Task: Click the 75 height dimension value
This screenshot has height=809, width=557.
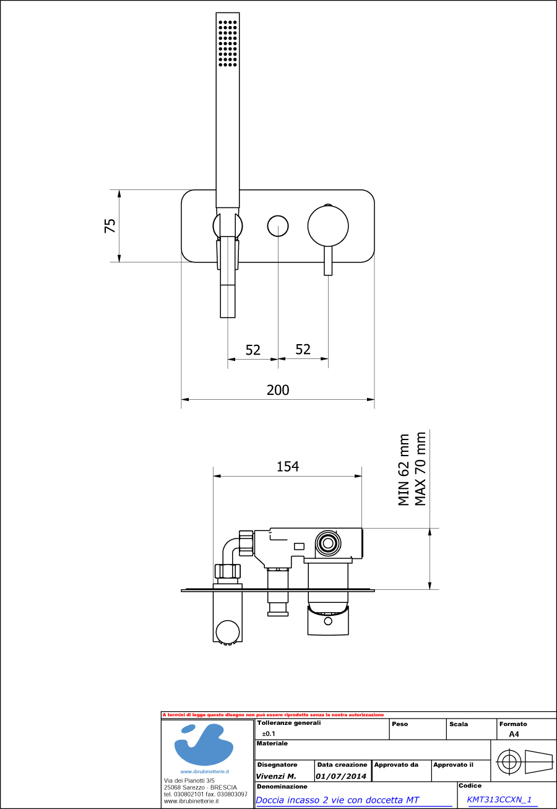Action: [x=110, y=225]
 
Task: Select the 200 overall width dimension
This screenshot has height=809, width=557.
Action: [x=278, y=390]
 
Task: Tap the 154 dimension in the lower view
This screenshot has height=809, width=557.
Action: [x=288, y=467]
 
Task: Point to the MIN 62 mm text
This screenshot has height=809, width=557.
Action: [x=404, y=470]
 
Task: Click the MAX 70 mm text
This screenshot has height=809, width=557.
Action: [x=421, y=469]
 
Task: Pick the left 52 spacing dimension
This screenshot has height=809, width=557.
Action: [x=253, y=350]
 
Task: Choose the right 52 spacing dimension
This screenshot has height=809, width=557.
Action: [x=303, y=349]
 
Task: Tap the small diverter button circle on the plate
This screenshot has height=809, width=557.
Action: [x=278, y=226]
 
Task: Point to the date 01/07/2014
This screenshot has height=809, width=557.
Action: [x=341, y=776]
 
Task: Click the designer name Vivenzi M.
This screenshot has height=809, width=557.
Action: [x=276, y=776]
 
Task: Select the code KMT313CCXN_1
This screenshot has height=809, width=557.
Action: [x=499, y=800]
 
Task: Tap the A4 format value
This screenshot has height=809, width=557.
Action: [x=514, y=734]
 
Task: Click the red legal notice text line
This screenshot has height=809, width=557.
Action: [x=273, y=715]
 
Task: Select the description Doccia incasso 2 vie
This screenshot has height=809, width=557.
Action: [x=337, y=800]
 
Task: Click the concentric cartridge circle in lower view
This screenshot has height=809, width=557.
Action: [x=326, y=543]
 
